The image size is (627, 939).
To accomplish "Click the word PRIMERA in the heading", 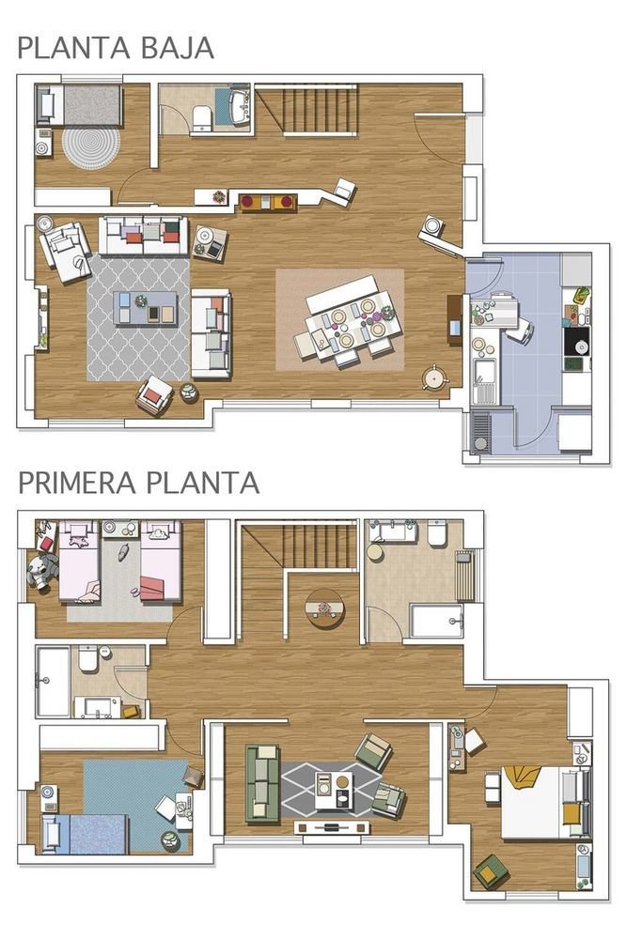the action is pos(77,483).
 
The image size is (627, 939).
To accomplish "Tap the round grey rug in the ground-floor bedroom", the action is pos(91,146).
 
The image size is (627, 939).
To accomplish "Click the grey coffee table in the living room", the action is pos(145,308).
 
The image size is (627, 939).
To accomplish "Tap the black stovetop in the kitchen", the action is pos(576,342).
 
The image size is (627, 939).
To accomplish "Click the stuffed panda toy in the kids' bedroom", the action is pos(40,571).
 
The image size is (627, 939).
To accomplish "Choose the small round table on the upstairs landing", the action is pos(324,608).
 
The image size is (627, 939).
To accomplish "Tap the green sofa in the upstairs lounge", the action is pos(262,783).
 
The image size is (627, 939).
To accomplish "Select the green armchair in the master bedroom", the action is pos(491,872).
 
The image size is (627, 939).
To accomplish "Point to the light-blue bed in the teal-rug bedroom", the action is pos(84,833).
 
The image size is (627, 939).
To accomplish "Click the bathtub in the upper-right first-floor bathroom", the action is pos(436,621).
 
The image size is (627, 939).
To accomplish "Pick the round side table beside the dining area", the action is pos(435,377).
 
